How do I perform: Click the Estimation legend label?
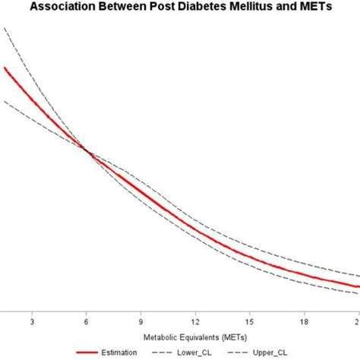118,352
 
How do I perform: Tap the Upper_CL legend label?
270,352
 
